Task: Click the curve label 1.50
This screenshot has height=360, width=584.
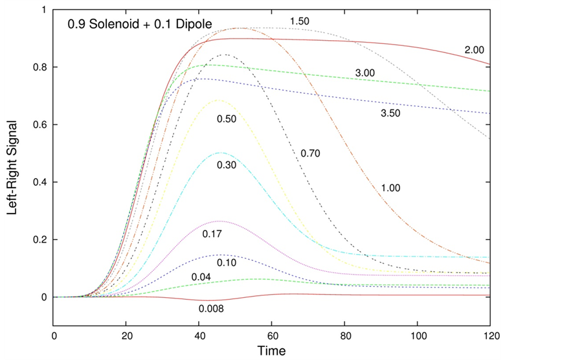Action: [299, 22]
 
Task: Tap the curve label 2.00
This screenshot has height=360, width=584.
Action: [475, 50]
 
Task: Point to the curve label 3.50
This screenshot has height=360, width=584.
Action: [390, 113]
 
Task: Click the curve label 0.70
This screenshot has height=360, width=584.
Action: [311, 153]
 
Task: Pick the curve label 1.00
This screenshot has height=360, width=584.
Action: [390, 188]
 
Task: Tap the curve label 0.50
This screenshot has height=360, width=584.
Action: [227, 119]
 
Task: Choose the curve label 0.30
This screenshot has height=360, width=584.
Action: [227, 165]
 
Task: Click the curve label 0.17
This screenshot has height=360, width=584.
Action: [213, 233]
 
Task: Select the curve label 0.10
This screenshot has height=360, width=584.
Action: [227, 262]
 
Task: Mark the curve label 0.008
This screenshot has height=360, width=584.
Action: [211, 308]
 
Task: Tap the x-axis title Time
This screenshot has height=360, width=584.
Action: [272, 351]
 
